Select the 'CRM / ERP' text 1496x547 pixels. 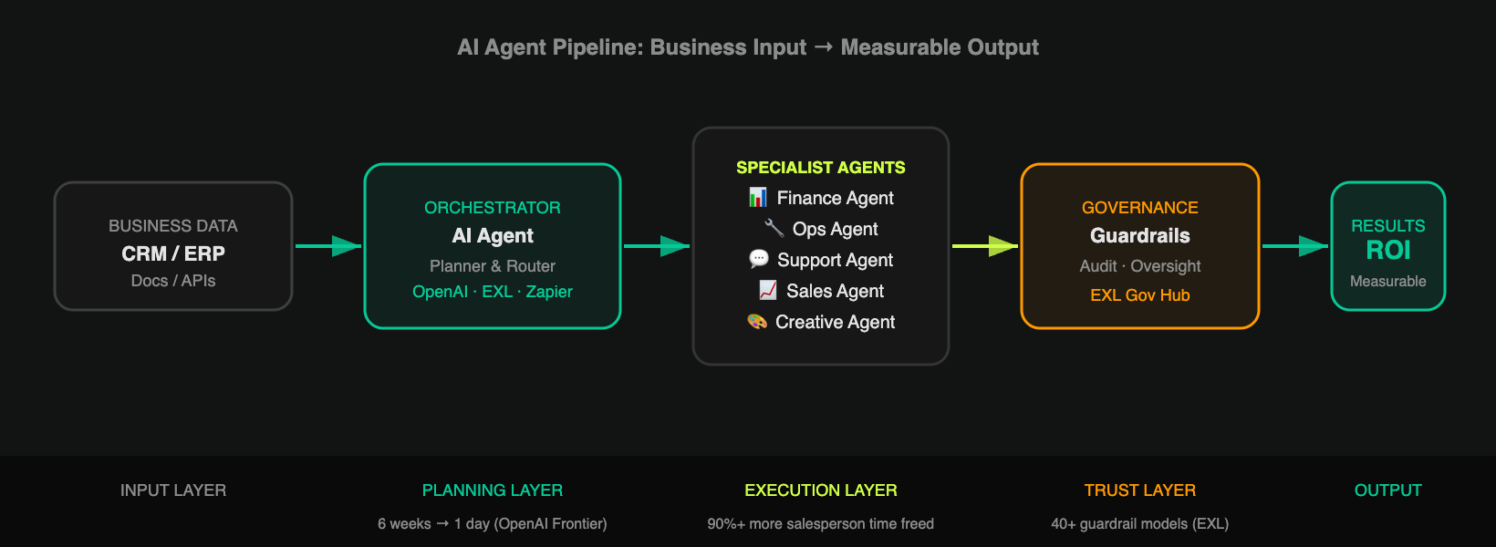click(173, 253)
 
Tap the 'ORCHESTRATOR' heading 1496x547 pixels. click(493, 208)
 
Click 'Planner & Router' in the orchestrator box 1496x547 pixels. click(493, 266)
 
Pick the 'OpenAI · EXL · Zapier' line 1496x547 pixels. click(493, 292)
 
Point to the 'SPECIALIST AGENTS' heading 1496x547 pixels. click(820, 168)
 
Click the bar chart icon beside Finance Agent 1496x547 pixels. click(757, 198)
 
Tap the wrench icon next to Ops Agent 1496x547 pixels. click(774, 228)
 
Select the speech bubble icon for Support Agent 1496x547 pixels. click(759, 259)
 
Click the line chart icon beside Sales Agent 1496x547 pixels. click(768, 290)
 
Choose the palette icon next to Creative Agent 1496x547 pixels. click(757, 322)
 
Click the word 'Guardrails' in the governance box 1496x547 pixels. click(1139, 235)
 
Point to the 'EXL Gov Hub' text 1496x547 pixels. click(1139, 294)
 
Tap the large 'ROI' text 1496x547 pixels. click(1387, 251)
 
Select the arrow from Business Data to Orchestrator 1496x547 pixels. click(327, 246)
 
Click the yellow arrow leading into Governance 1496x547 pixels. click(985, 246)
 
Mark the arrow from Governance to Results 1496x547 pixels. click(1295, 246)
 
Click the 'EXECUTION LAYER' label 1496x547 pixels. click(820, 490)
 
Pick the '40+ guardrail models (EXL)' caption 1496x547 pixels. click(1139, 523)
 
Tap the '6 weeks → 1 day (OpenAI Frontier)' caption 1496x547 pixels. click(493, 523)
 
